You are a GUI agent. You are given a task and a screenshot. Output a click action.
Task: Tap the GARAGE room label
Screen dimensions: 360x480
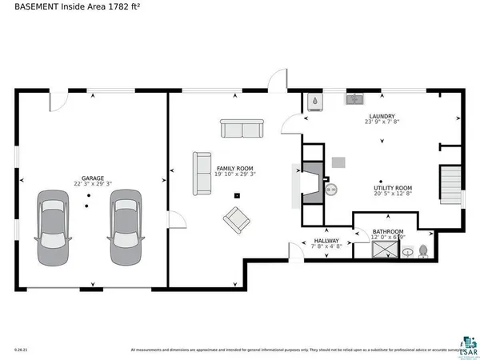tap(93, 178)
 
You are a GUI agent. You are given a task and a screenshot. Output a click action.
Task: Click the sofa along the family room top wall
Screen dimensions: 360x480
tap(242, 128)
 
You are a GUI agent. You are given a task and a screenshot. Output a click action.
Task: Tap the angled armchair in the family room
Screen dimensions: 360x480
tap(236, 220)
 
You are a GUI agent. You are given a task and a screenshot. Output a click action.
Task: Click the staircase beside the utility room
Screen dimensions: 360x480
tap(452, 186)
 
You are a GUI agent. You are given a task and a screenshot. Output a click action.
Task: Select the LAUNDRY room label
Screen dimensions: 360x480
tap(382, 116)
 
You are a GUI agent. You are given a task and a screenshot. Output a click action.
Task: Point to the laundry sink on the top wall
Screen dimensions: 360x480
tap(354, 100)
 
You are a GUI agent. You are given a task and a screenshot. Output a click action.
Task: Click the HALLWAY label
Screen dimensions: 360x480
tap(326, 241)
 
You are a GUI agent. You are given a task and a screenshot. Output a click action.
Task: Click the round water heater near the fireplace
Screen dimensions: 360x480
tap(333, 190)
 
